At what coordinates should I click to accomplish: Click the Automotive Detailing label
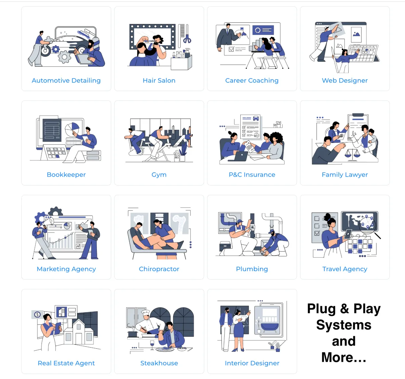66,81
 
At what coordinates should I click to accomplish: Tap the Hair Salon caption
159,81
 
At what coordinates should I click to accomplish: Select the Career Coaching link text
252,81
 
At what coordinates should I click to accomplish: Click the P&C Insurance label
252,175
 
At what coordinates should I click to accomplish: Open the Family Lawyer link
345,175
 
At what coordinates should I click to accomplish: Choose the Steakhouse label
159,363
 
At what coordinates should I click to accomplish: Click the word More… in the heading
344,358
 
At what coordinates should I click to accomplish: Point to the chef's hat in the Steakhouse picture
146,313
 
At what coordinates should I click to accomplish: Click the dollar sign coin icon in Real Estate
37,314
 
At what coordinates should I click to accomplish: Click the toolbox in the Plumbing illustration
225,246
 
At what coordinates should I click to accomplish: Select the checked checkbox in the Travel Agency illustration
317,233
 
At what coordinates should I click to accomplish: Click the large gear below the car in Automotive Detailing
65,57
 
